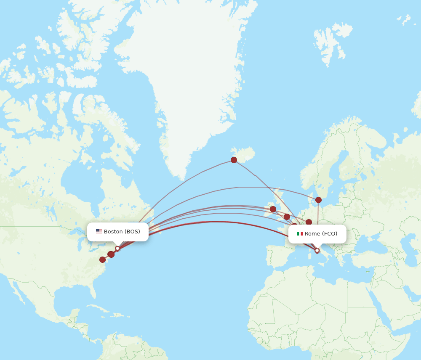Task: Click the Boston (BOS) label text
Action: point(122,232)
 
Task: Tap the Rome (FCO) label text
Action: point(321,234)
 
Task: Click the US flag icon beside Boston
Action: point(99,231)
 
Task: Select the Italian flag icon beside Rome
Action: point(300,234)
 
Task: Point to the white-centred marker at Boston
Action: point(117,249)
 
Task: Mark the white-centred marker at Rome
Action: point(317,251)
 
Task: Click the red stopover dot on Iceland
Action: point(234,160)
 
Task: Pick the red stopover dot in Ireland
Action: point(273,209)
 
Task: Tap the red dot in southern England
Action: point(287,217)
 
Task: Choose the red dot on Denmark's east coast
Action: point(318,200)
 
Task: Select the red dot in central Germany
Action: point(309,222)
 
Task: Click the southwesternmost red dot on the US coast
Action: point(102,259)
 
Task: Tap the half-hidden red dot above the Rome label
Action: point(295,225)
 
